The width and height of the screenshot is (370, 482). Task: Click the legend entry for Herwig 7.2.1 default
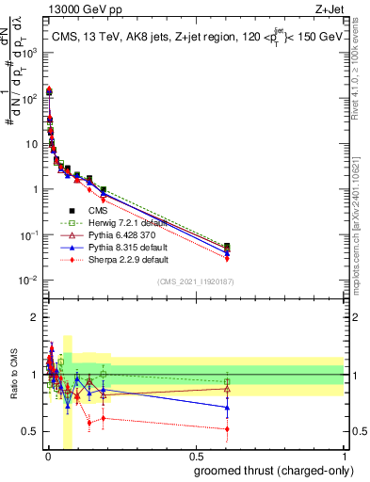point(118,223)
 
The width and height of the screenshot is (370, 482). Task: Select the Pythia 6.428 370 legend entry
point(117,235)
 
